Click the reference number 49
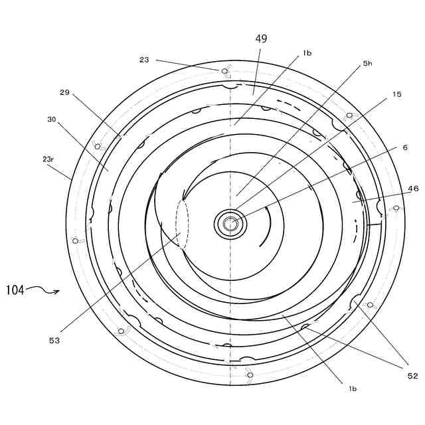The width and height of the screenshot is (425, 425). coord(261,39)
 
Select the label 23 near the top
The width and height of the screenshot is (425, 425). coord(144,60)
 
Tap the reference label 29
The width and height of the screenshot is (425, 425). coord(64,92)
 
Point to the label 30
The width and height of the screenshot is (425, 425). coord(51,120)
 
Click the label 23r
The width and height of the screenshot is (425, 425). coord(48,159)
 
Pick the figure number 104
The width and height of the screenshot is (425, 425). coord(15,290)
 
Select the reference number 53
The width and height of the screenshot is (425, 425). coord(54,340)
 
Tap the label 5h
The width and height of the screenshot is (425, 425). coord(367,64)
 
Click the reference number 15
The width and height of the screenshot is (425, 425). coord(396,94)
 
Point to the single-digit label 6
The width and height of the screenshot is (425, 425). coord(405,147)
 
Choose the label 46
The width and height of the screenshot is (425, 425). coord(413,189)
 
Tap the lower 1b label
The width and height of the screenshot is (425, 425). coord(353,388)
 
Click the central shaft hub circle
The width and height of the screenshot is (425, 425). coord(230,224)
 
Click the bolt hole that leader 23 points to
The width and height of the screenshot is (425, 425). coord(224,71)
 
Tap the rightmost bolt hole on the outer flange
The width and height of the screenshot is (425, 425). coord(396,208)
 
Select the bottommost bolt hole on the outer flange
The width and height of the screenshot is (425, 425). coord(250,375)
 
